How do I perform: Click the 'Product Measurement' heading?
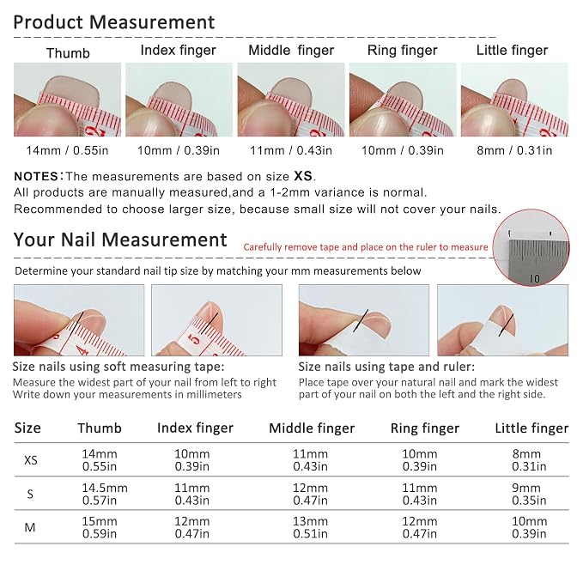114,22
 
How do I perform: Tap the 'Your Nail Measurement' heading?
120,240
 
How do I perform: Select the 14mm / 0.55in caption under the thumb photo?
67,150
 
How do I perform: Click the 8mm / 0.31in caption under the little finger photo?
514,150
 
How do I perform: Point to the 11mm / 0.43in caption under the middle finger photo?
291,150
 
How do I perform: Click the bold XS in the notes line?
303,176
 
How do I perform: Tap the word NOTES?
36,176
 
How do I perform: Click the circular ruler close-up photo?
531,247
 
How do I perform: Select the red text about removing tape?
366,247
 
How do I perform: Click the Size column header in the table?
27,428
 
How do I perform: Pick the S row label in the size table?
30,494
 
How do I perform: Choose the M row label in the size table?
30,527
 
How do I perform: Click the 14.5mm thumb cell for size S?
105,488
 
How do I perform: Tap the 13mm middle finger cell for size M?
310,521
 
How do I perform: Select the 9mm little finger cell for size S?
526,488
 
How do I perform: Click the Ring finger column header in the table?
425,428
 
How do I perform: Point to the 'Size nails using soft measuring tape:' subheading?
118,367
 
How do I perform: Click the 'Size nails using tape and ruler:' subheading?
386,367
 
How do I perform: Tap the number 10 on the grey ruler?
534,278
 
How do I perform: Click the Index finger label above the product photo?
178,51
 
